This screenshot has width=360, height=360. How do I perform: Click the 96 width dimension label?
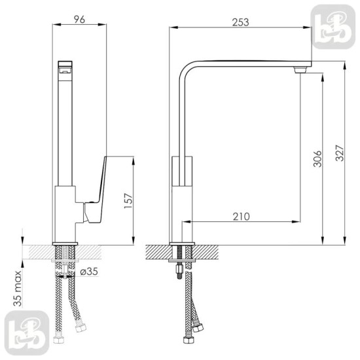[79, 19]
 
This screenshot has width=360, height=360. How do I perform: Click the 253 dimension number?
[240, 22]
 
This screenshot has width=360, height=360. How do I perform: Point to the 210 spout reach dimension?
[241, 217]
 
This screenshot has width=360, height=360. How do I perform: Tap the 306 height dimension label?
[317, 158]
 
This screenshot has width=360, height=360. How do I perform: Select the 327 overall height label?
[340, 153]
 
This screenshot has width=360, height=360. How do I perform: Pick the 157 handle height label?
[128, 201]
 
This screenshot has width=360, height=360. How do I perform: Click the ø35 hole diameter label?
[89, 272]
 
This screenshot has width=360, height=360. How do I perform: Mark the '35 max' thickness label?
[18, 289]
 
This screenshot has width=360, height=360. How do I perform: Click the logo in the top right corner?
[333, 27]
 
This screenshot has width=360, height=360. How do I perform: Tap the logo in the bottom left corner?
[27, 333]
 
